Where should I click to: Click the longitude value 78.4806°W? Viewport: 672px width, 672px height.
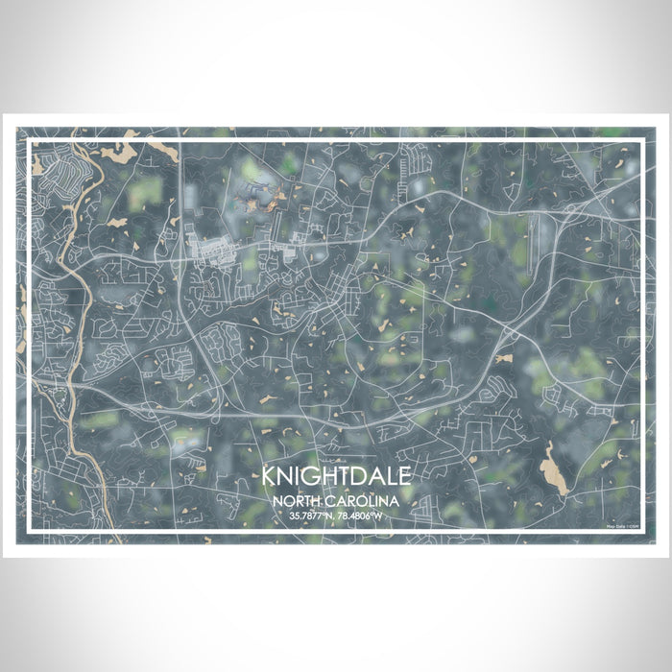pyautogui.click(x=365, y=516)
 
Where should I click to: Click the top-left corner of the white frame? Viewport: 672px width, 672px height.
pyautogui.click(x=30, y=141)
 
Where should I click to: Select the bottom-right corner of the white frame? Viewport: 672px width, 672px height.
pyautogui.click(x=641, y=532)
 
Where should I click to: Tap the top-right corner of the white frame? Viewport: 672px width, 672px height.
pyautogui.click(x=641, y=141)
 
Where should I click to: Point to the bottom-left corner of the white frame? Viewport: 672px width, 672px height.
pyautogui.click(x=30, y=532)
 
